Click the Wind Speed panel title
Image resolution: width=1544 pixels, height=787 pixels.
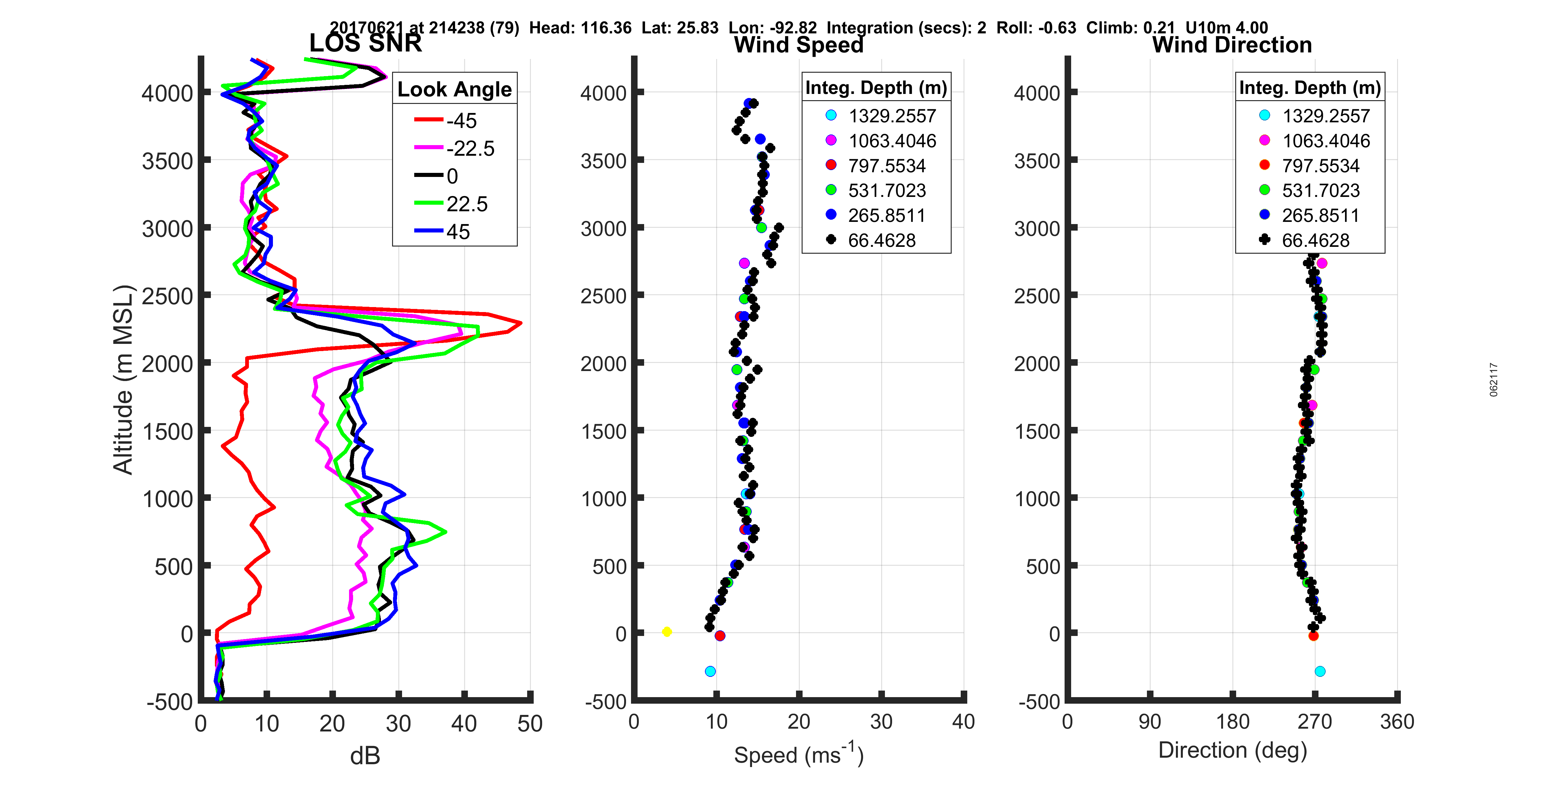(799, 45)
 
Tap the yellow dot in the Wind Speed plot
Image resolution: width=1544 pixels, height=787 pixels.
(667, 632)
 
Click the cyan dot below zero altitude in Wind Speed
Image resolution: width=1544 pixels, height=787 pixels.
(710, 671)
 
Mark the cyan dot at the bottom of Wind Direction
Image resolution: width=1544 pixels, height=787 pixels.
(1320, 671)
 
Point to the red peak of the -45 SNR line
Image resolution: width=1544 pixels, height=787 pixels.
(520, 323)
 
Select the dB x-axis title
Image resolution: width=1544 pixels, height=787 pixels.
(365, 756)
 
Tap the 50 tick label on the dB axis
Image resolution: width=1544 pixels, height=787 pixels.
(530, 723)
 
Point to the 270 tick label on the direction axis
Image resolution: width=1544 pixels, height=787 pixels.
(1314, 721)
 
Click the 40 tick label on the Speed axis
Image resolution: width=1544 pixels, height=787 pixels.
(963, 721)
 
